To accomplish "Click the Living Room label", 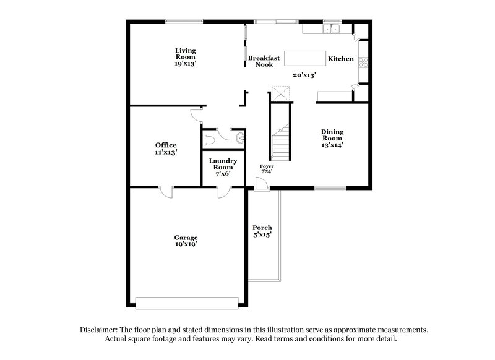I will pos(186,56).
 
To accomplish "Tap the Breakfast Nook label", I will pos(264,61).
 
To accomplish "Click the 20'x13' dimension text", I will pos(305,75).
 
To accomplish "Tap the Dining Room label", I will pos(332,138).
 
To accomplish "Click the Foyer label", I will pos(267,169).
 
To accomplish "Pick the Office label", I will pos(166,148).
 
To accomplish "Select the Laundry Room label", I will pos(223,167).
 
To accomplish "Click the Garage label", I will pos(186,241).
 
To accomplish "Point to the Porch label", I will pos(262,231).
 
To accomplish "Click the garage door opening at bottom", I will pos(186,302).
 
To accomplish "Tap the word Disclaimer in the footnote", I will pos(100,330).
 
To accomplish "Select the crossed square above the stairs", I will pos(282,94).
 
